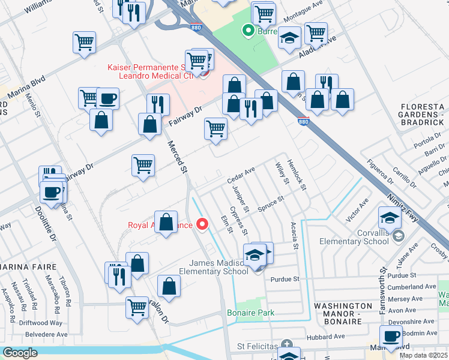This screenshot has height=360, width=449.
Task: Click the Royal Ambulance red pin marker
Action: [x=202, y=225]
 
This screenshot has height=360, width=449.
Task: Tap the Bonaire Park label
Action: [x=250, y=313]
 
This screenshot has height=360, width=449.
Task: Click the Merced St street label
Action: [x=175, y=157]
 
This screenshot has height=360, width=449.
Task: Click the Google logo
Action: [x=20, y=353]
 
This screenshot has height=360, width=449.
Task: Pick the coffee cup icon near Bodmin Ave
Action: [x=391, y=336]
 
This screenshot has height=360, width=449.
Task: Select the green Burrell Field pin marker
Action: [x=247, y=31]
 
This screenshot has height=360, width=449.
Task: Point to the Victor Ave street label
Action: [x=357, y=210]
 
